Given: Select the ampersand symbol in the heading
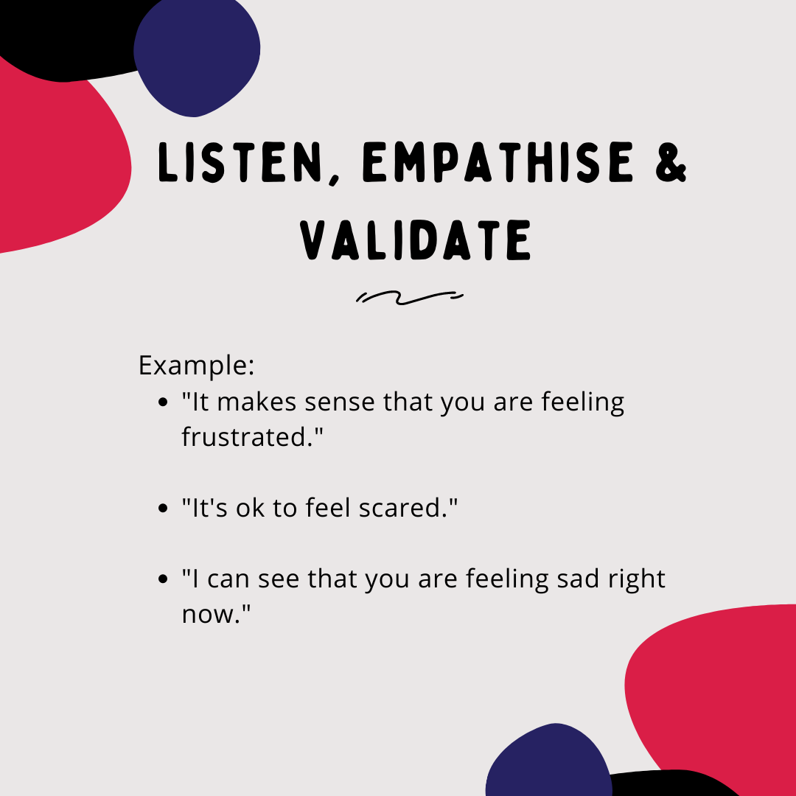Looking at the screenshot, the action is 671,162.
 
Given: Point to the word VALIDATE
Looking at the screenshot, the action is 416,240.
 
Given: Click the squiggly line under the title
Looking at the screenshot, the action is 409,298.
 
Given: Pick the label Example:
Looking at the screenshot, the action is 197,366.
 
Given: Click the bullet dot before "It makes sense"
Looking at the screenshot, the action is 162,402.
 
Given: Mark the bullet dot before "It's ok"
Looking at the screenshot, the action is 162,508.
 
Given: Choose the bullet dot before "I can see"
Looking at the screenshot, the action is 162,579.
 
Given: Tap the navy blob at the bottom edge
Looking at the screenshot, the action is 549,761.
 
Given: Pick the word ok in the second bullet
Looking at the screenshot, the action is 251,508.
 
